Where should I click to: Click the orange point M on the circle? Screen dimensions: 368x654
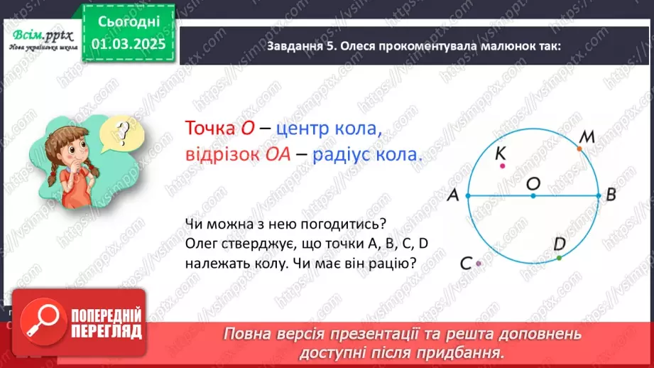pos(579,148)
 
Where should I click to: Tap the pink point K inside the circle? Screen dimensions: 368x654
pos(502,166)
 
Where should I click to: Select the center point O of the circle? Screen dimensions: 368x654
pos(533,197)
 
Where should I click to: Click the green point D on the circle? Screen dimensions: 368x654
pos(559,257)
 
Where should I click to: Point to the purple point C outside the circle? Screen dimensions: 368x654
pos(479,264)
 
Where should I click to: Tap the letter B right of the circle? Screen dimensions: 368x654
pos(611,197)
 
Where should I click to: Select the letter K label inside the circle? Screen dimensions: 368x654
pos(500,152)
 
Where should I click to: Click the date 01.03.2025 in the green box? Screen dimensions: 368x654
pos(127,45)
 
